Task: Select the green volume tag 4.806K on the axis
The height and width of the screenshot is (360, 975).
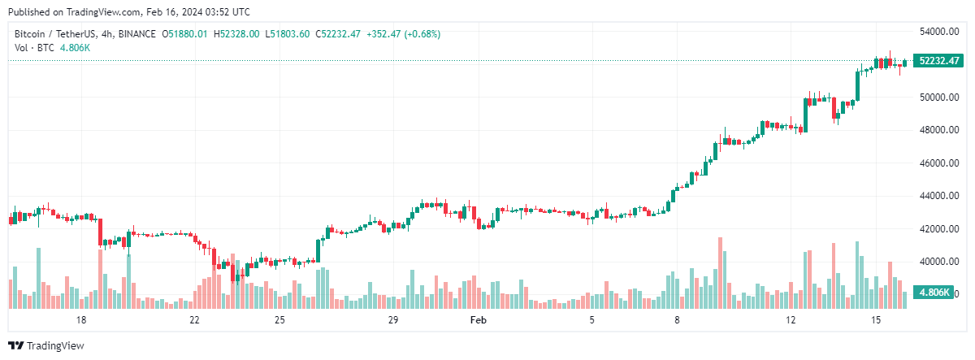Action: pos(934,292)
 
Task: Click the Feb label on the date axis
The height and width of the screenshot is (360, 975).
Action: pos(479,320)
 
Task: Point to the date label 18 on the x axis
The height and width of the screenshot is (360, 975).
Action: pos(80,320)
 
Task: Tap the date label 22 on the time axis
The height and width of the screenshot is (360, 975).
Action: pos(194,320)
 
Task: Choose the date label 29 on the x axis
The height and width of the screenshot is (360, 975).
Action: pos(393,320)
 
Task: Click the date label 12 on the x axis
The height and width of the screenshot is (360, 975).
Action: pos(791,320)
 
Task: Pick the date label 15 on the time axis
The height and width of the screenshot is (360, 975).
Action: pos(876,320)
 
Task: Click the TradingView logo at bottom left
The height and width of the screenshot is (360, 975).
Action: pos(46,345)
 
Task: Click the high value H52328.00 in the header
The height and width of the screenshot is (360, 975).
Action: pos(236,34)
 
